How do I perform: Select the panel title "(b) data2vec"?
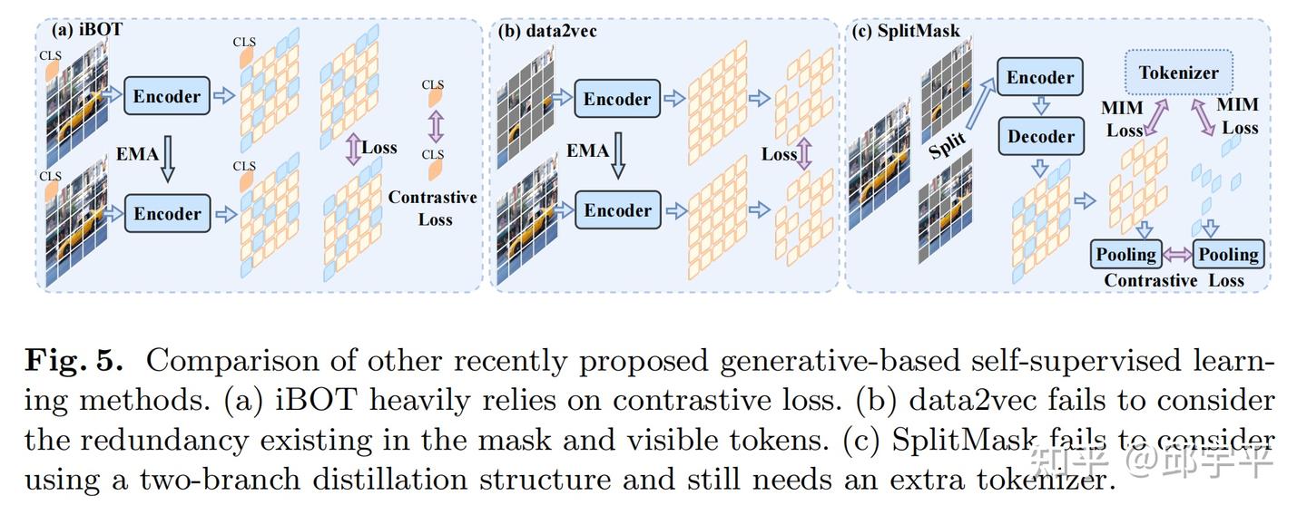[547, 30]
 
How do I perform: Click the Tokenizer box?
[1179, 73]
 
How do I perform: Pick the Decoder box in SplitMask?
[1040, 137]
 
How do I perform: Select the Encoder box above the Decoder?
[1040, 78]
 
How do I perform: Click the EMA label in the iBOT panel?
[137, 154]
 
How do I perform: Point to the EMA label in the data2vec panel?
[587, 150]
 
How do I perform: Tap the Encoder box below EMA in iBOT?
[168, 214]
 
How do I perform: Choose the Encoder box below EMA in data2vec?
[617, 211]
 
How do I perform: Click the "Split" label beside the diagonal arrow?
[948, 144]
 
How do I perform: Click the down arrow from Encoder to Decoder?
[1041, 107]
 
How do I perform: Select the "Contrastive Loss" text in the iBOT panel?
[433, 208]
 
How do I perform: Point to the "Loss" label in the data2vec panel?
[779, 154]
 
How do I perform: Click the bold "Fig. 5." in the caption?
[73, 361]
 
